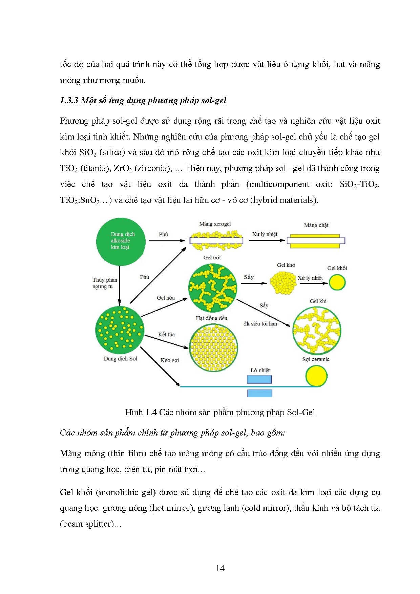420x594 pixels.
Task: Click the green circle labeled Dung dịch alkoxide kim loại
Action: [121, 241]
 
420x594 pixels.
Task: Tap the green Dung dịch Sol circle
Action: [120, 328]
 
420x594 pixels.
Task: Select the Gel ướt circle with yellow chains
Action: [213, 288]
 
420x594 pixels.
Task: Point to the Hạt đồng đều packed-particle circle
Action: [213, 347]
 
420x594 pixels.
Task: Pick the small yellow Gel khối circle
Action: [337, 282]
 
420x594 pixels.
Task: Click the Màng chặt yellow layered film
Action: [316, 241]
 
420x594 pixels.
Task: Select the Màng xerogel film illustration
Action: [216, 240]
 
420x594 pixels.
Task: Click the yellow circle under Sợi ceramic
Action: [316, 376]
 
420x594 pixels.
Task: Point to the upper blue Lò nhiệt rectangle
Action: [259, 379]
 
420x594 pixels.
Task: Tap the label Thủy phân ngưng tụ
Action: [105, 283]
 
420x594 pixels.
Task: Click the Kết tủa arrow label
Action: [166, 335]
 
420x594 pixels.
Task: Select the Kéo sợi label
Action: [170, 360]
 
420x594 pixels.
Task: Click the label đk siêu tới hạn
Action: [260, 324]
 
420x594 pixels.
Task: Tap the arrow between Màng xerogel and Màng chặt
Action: [267, 240]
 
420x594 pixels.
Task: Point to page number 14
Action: [220, 568]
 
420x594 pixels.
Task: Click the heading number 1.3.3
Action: [69, 101]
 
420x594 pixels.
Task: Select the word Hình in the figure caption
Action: [134, 412]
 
